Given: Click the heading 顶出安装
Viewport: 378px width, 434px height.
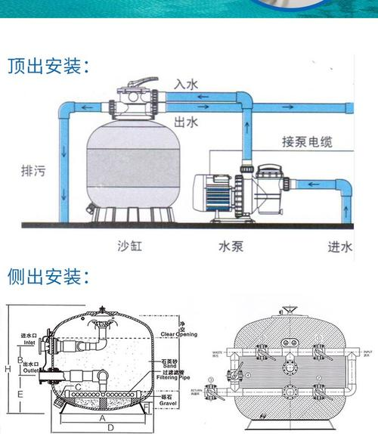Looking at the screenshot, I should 48,66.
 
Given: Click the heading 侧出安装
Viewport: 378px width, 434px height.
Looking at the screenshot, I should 48,277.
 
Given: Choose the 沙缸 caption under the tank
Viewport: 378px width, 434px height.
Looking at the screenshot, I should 130,245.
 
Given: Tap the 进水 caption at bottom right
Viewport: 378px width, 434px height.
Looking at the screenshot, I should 339,245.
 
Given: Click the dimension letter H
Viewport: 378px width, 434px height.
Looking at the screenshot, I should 7,368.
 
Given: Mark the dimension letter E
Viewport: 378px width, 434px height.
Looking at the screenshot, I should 20,393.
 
